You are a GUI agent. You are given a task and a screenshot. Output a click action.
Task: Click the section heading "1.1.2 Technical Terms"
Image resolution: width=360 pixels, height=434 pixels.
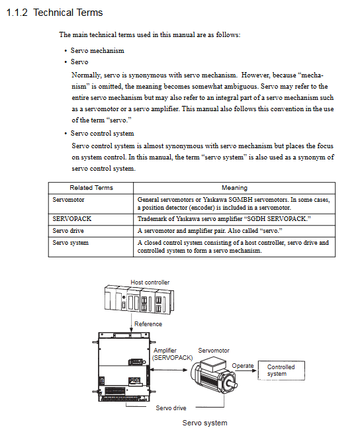(54, 13)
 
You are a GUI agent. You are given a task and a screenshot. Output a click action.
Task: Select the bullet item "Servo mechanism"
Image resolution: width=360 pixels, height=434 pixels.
(97, 51)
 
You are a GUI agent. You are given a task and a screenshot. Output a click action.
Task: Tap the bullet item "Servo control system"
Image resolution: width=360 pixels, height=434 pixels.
(102, 134)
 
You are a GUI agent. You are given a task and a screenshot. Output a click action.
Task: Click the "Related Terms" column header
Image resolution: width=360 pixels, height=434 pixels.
(91, 188)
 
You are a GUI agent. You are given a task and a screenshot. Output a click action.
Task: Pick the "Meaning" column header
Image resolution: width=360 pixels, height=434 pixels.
(234, 188)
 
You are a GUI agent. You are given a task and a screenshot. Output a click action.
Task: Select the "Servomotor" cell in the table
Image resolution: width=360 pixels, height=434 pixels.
(68, 200)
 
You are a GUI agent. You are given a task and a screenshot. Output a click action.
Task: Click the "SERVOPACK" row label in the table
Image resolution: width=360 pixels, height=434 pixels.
(71, 219)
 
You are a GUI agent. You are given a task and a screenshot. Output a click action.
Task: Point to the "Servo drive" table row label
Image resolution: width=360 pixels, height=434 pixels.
(68, 231)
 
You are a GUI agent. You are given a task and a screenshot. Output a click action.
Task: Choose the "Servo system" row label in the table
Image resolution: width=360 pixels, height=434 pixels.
(71, 243)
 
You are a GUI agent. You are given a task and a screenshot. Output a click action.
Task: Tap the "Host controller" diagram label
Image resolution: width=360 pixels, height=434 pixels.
(150, 282)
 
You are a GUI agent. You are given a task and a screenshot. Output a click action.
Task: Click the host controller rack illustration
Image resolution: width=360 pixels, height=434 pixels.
(139, 300)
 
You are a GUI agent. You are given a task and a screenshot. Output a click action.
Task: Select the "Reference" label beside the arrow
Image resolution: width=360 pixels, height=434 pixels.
(148, 324)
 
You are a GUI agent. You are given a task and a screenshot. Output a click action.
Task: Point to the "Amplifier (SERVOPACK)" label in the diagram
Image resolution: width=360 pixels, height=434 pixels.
(172, 354)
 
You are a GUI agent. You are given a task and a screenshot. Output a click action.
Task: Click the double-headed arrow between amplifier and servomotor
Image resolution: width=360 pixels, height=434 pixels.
(169, 370)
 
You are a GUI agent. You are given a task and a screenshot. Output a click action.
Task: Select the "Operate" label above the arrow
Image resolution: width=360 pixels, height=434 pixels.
(243, 366)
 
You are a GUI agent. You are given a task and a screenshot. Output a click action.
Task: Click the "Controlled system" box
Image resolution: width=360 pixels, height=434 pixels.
(281, 370)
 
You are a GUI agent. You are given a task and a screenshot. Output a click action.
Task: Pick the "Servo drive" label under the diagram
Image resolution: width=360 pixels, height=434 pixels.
(171, 408)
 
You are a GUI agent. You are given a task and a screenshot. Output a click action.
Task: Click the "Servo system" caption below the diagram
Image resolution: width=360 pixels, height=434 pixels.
(204, 423)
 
